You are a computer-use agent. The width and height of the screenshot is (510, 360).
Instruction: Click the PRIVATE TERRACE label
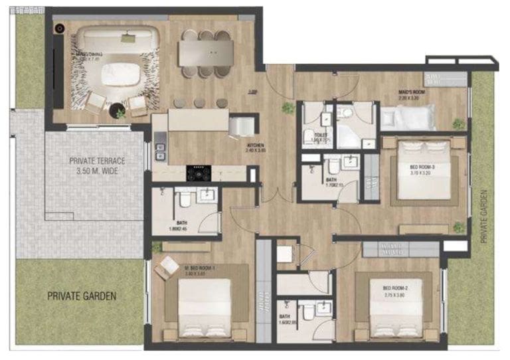pyautogui.click(x=98, y=165)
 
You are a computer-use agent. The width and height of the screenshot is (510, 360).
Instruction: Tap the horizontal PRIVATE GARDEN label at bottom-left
pyautogui.click(x=82, y=296)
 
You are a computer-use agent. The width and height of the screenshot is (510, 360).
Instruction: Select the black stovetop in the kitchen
pyautogui.click(x=199, y=173)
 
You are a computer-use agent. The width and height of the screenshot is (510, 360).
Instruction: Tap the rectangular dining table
pyautogui.click(x=206, y=53)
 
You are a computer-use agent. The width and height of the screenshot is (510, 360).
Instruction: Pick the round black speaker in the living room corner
pyautogui.click(x=60, y=29)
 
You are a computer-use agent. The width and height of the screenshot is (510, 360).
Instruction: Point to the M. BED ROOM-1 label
pyautogui.click(x=201, y=270)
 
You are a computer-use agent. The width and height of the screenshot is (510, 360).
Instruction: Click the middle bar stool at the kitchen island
pyautogui.click(x=199, y=103)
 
